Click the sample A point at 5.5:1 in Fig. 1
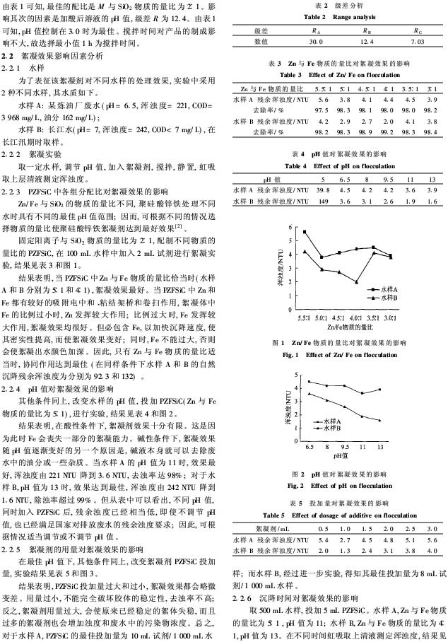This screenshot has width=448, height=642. coord(305,231)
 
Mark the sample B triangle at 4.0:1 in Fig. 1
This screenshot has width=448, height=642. coord(358,282)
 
